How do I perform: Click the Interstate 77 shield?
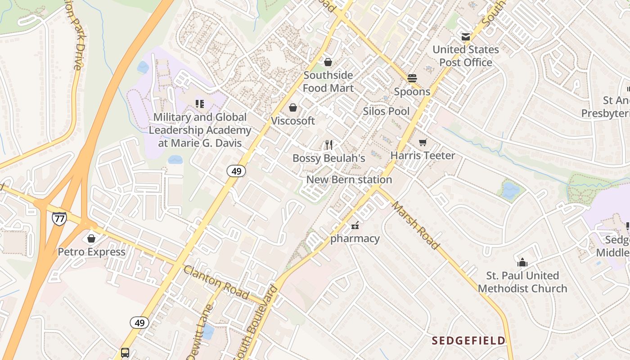click(59, 218)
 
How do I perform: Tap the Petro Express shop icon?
click(91, 238)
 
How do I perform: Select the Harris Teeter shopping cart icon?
click(423, 143)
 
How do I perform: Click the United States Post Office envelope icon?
click(465, 36)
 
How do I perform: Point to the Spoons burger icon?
click(412, 78)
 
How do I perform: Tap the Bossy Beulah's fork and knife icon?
click(328, 144)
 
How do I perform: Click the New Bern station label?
click(349, 180)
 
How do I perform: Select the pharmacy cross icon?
click(355, 225)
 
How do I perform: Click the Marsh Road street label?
click(414, 225)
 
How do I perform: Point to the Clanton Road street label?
click(216, 282)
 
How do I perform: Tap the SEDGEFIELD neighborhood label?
click(468, 341)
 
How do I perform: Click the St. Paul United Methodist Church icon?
click(522, 262)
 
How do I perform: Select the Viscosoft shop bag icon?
click(293, 108)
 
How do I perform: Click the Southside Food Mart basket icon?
click(328, 62)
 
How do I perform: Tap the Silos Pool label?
click(386, 111)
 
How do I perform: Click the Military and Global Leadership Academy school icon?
click(200, 104)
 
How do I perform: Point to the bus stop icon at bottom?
click(125, 352)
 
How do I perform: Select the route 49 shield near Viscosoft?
click(236, 171)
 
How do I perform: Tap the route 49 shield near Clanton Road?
click(139, 323)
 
